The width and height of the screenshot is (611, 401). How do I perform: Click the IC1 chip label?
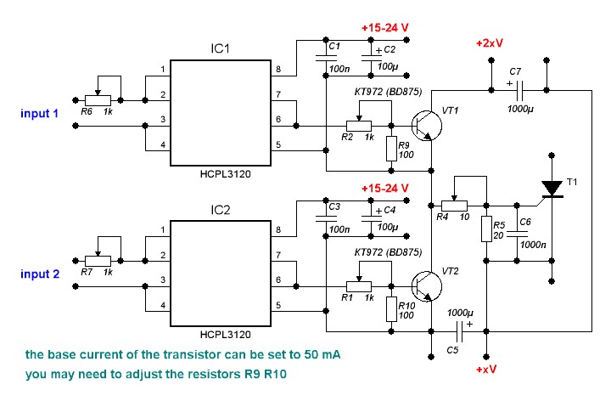coord(220,48)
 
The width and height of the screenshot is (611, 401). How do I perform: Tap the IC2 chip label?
coord(220,210)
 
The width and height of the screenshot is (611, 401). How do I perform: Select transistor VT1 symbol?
coord(426,126)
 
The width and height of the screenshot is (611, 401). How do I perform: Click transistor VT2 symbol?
coord(426,286)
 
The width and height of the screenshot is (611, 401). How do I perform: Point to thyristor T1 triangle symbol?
coord(552,189)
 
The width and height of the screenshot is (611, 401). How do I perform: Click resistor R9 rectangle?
coord(391,149)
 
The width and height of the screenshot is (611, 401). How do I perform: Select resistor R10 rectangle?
coord(391,309)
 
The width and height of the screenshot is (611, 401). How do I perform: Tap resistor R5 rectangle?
coord(486,229)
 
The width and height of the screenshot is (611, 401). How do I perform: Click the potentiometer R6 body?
coord(98,100)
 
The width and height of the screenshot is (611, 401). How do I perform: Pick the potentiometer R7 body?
coord(98,261)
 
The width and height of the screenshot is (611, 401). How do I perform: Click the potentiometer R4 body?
coord(454,206)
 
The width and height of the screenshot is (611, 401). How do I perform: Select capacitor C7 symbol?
coord(519,90)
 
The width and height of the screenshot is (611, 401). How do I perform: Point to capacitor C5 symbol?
coord(459,331)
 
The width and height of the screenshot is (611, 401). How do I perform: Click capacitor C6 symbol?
coord(517,234)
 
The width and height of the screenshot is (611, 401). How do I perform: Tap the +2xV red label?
coord(490,43)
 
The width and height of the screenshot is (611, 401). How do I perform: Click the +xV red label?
coord(486,369)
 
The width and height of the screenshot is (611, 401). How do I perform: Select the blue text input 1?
coord(39,114)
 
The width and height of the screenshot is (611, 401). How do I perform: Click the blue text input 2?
coord(40,274)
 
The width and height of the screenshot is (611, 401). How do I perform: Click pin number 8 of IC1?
coord(278,70)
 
